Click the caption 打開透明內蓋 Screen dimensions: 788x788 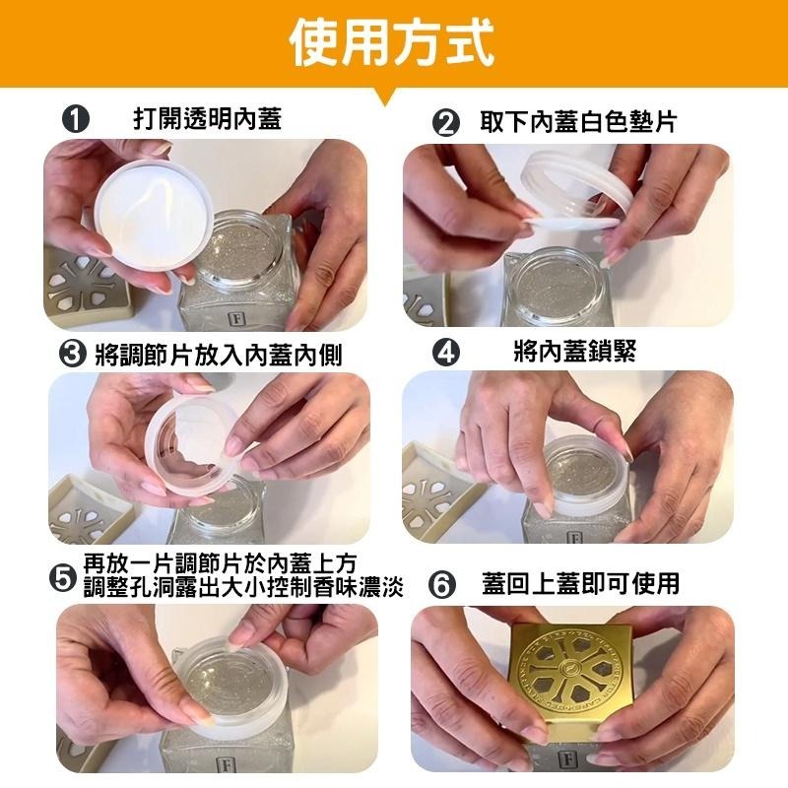click(x=207, y=120)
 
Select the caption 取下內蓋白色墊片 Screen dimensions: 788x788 click(x=579, y=122)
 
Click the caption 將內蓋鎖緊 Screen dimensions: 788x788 click(x=574, y=352)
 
